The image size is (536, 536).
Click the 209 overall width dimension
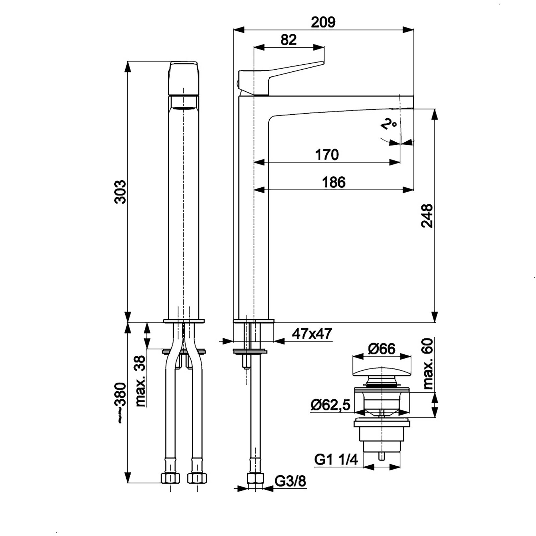click(x=323, y=22)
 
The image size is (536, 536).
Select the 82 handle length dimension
click(x=288, y=40)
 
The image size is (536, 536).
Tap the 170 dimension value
click(x=327, y=155)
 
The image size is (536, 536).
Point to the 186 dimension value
click(x=334, y=183)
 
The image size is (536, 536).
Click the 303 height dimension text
click(x=120, y=192)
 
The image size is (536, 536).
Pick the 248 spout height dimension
click(x=427, y=216)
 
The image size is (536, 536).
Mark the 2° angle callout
click(x=388, y=125)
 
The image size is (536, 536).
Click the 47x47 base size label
click(x=312, y=334)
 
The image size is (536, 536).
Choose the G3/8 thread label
click(x=290, y=481)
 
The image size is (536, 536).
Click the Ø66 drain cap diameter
click(x=382, y=349)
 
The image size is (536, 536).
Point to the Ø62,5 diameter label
click(x=330, y=405)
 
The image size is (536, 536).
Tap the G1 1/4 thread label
click(x=336, y=459)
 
